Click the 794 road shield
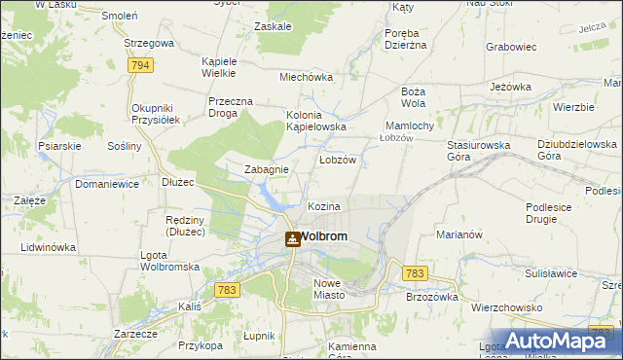[x=141, y=65]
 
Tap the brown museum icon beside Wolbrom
[x=292, y=238]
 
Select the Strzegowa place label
[x=149, y=44]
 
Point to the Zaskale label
[x=272, y=26]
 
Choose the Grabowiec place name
[x=511, y=46]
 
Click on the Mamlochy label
[x=416, y=126]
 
